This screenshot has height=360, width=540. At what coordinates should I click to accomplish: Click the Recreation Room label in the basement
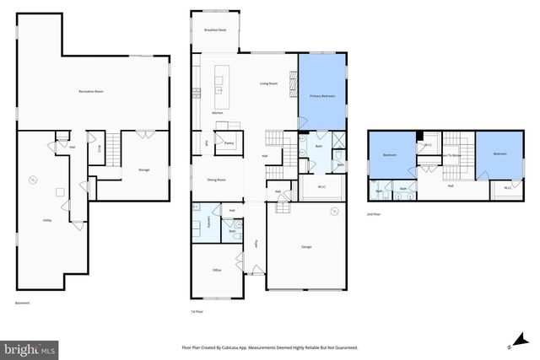pos(90,90)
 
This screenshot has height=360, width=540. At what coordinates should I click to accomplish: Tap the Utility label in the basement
pos(47,220)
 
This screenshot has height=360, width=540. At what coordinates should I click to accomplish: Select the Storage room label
pos(143,170)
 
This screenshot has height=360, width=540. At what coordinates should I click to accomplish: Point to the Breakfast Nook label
pos(214,30)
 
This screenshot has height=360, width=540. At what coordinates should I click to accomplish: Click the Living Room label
pos(269,83)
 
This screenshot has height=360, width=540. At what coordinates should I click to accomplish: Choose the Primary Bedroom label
pos(321,97)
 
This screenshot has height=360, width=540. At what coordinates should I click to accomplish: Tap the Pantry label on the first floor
pos(229,143)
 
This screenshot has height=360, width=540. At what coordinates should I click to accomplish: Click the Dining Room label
pos(216,180)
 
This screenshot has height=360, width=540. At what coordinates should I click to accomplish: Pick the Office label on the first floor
pos(217,270)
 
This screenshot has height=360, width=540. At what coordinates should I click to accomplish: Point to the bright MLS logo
pos(30,347)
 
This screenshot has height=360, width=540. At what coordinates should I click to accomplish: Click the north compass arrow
pos(509,345)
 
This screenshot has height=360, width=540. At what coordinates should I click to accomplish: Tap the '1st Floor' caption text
pos(197,311)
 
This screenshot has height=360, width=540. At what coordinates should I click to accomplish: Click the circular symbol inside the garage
pos(333,210)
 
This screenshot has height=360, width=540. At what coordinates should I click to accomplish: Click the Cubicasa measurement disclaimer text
pos(270,347)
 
